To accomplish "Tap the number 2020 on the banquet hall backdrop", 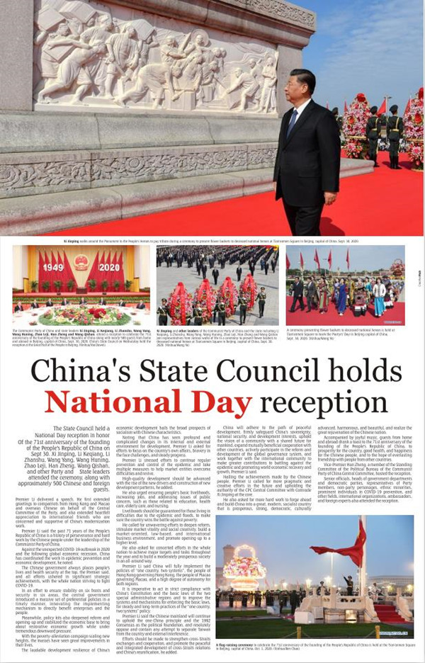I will [x=109, y=267].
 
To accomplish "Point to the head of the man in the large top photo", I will [x=302, y=84].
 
